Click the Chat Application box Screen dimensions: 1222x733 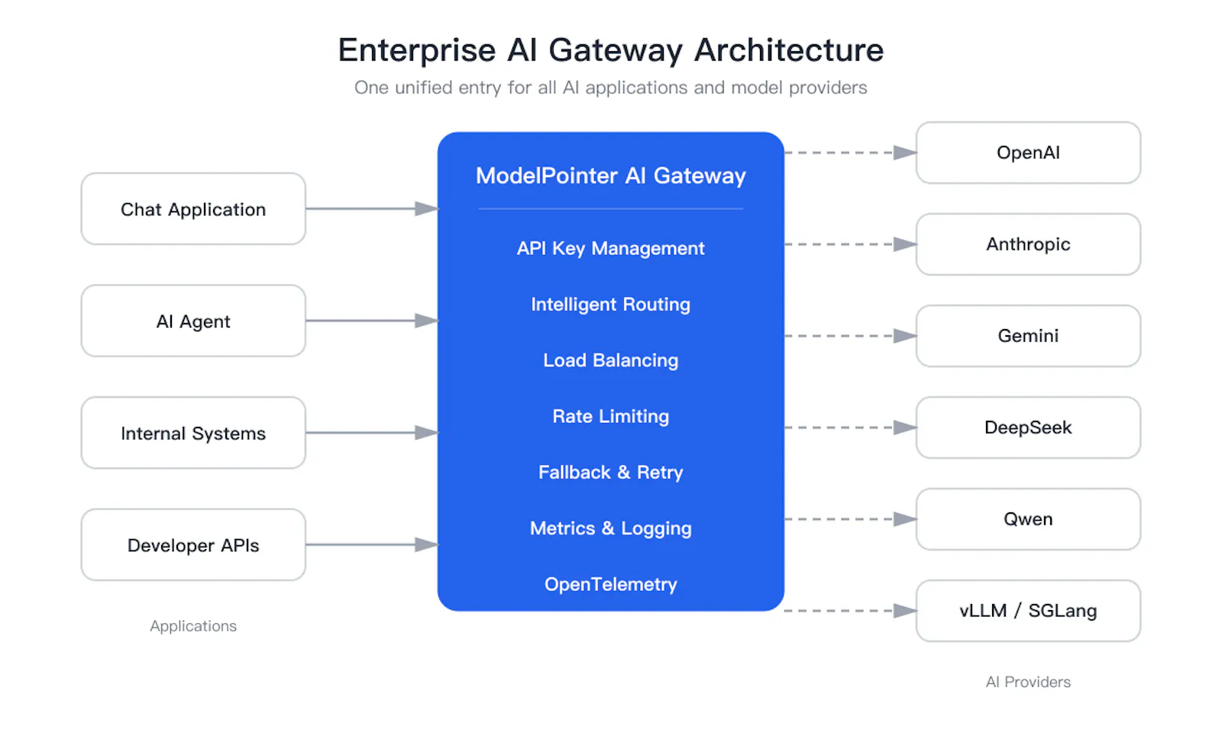193,209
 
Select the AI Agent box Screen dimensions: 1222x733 193,321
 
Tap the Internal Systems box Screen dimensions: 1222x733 193,432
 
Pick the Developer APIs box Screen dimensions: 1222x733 193,545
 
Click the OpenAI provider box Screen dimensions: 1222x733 1028,153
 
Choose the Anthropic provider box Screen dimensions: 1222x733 1028,244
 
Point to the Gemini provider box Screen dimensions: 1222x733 1028,336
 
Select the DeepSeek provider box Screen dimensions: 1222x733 1028,428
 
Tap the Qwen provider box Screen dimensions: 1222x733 1028,519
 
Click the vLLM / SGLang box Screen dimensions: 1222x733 1028,611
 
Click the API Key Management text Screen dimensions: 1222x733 610,249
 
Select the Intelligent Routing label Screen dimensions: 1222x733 610,305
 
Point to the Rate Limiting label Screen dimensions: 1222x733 610,416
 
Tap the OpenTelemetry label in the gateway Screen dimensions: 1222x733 610,585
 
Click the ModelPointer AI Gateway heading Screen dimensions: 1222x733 610,176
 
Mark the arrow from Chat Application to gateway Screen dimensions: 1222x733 372,208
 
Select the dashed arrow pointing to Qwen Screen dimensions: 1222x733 851,519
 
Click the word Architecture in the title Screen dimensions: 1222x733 789,50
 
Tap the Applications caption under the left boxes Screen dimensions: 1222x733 193,626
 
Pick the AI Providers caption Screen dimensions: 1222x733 1028,682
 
